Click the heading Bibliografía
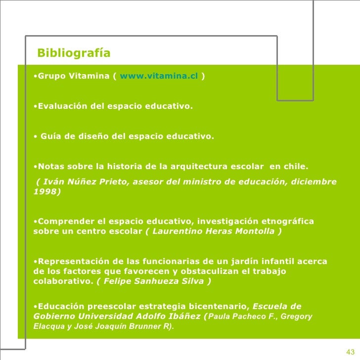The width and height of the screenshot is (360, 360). click(74, 53)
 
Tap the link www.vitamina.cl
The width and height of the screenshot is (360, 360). click(159, 76)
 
